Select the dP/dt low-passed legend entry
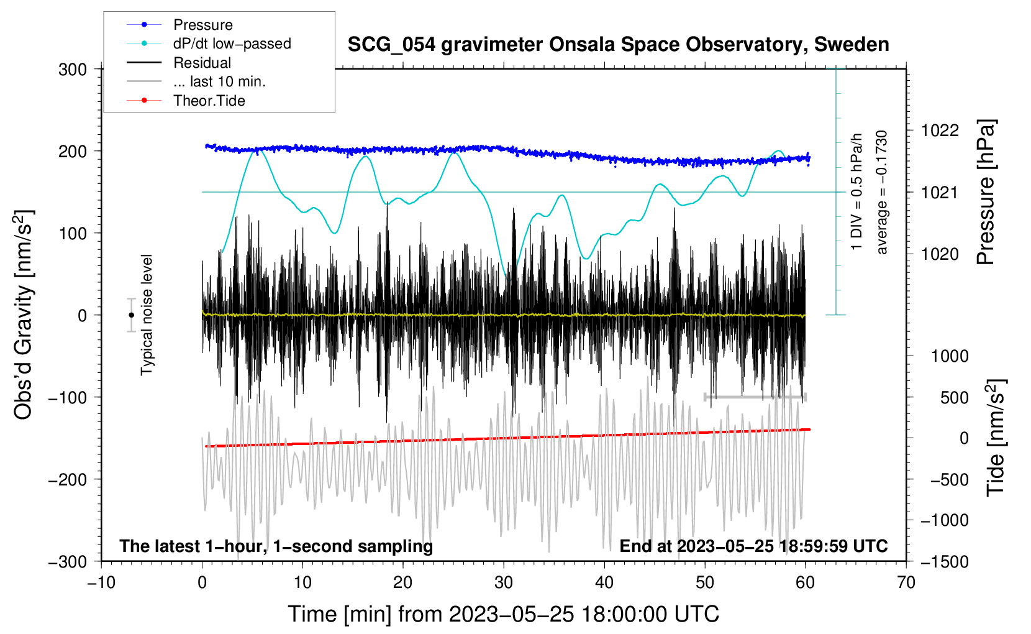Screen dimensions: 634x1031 [232, 44]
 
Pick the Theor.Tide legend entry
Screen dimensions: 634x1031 [209, 101]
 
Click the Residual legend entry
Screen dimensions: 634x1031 [202, 63]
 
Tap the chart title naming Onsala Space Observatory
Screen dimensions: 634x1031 [618, 45]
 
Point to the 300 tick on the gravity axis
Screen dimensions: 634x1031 [73, 70]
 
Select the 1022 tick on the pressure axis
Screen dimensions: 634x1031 [940, 131]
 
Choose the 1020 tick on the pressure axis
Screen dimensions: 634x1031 [940, 254]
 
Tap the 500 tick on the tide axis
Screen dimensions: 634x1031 [954, 398]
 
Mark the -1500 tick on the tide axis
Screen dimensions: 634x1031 [945, 561]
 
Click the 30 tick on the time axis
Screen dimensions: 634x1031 [504, 582]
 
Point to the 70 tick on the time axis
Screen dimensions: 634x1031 [906, 582]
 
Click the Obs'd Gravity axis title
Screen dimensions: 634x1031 [24, 315]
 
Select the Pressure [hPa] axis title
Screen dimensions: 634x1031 [986, 192]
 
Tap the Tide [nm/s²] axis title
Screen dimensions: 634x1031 [996, 438]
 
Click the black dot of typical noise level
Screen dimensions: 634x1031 [131, 315]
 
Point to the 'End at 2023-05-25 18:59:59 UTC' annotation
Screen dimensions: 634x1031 [753, 546]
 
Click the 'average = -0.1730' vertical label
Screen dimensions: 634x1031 [882, 192]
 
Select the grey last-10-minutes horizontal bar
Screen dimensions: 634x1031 [755, 397]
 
